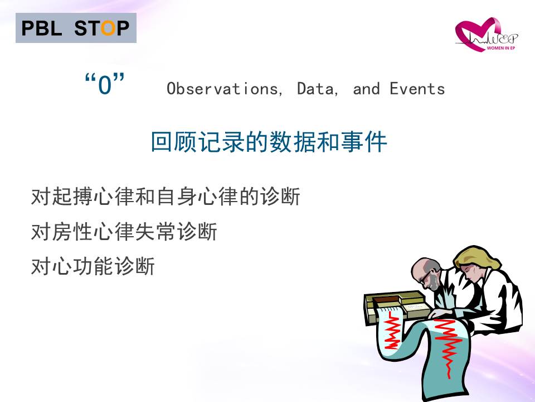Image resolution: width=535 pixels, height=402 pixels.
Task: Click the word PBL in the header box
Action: point(42,28)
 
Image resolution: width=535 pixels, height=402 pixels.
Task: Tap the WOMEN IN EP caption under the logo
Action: point(501,48)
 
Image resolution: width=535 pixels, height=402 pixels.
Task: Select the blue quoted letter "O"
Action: point(105,84)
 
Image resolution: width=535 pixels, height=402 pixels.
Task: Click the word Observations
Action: point(225,89)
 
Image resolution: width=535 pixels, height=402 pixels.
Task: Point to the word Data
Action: point(317,89)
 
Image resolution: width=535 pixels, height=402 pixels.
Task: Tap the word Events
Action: point(417,89)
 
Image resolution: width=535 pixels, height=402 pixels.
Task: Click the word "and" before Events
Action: point(367,89)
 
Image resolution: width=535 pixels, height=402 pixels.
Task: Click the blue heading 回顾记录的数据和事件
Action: point(269,141)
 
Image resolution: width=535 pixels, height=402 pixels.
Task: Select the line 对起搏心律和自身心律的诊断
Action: point(166,197)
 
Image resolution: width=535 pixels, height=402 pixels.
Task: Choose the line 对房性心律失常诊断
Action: point(124,231)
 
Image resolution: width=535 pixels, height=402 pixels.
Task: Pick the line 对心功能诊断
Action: point(93,266)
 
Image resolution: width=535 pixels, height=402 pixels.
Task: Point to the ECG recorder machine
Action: point(396,306)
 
